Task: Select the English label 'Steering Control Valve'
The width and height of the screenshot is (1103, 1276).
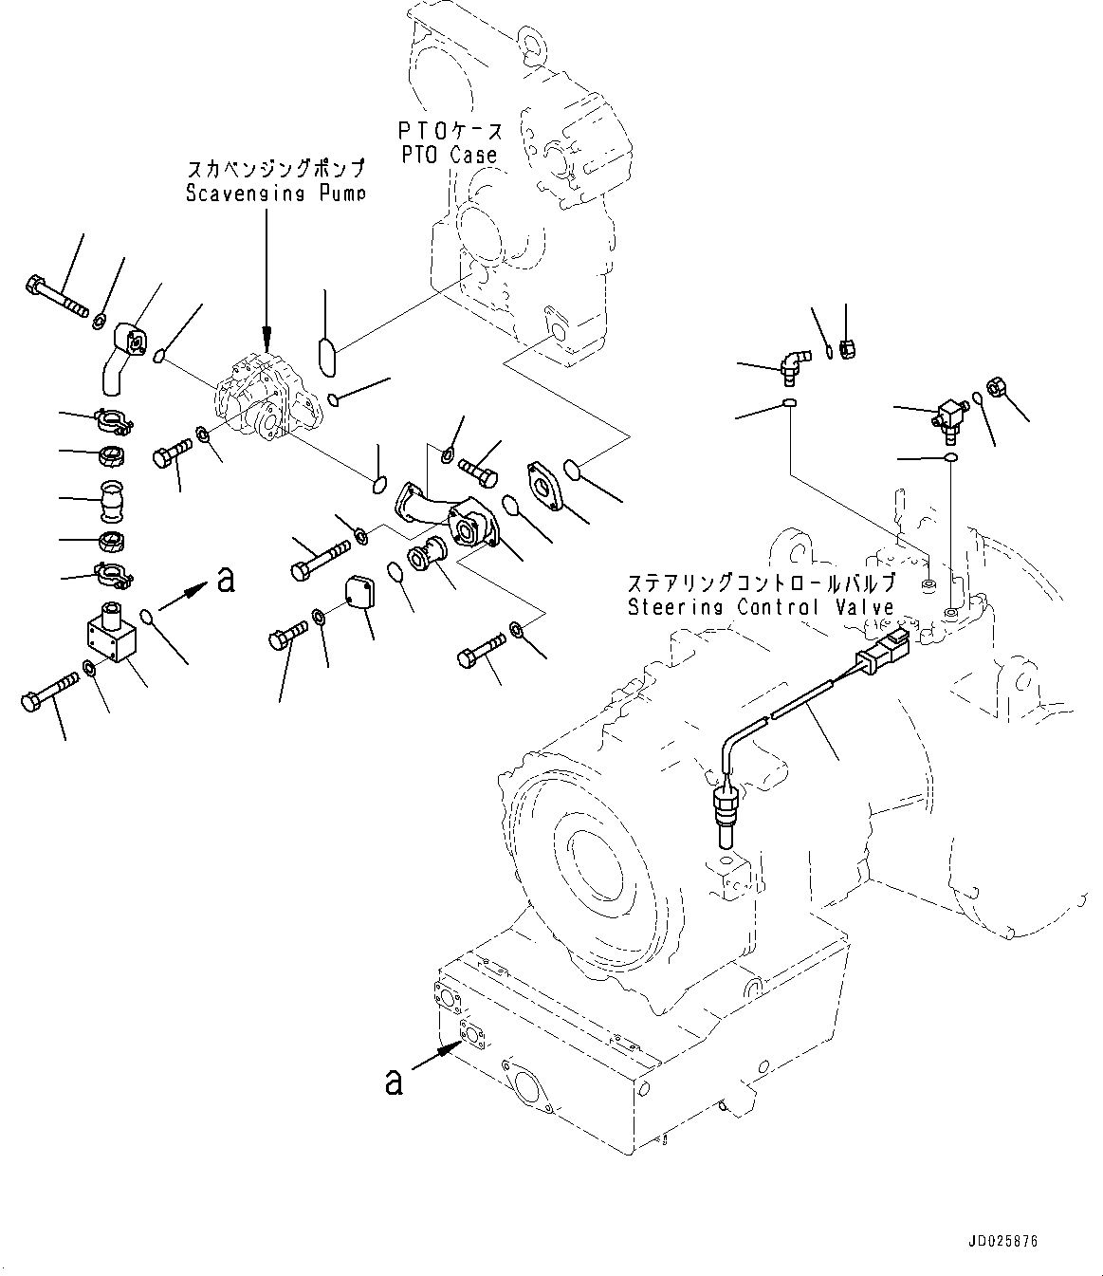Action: (x=761, y=607)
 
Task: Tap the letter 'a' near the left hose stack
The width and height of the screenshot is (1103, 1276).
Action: (x=225, y=579)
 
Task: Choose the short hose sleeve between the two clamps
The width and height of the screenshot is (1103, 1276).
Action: (x=113, y=503)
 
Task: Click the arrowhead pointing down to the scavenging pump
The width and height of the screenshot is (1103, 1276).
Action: (x=267, y=337)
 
